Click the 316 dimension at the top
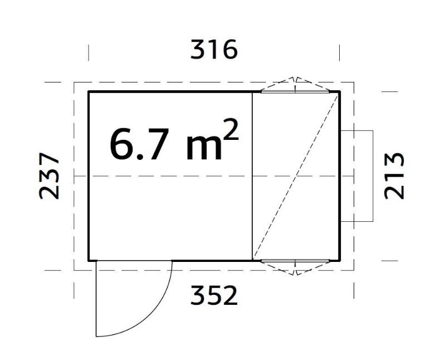tap(214, 50)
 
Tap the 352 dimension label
tap(214, 295)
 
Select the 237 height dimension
tap(49, 176)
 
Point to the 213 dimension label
tap(394, 176)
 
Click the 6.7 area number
tap(138, 145)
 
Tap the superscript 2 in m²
tap(231, 130)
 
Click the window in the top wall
tap(295, 91)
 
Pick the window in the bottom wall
tap(295, 260)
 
